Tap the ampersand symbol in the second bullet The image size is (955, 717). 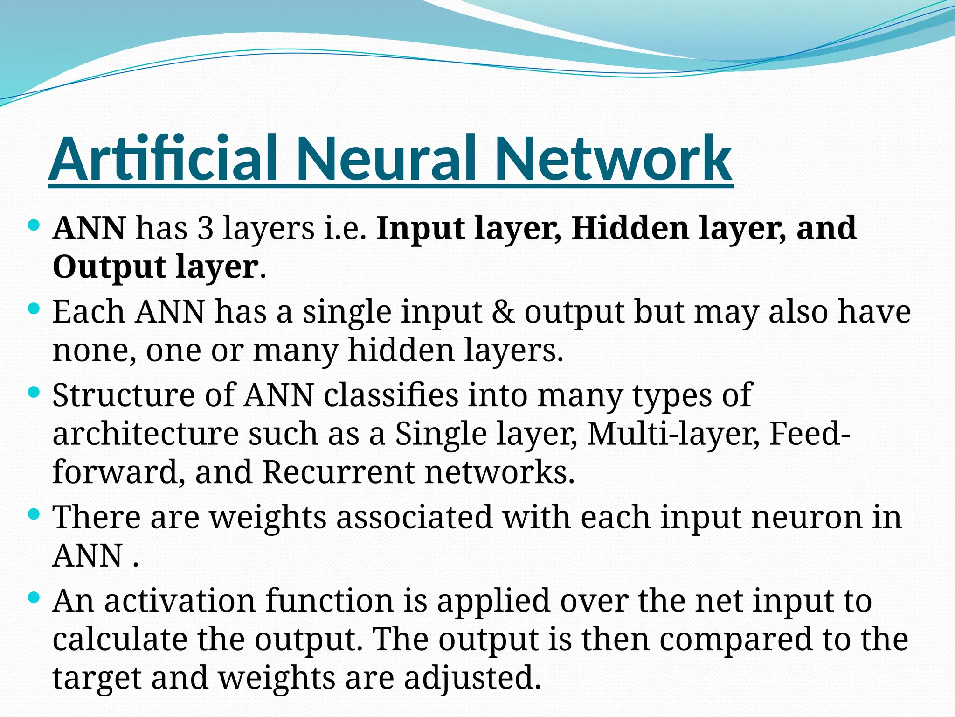click(503, 312)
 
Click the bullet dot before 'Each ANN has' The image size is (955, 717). click(34, 309)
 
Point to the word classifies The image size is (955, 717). click(391, 395)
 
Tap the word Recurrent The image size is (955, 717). click(338, 472)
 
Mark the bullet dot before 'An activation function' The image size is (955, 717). click(34, 597)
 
